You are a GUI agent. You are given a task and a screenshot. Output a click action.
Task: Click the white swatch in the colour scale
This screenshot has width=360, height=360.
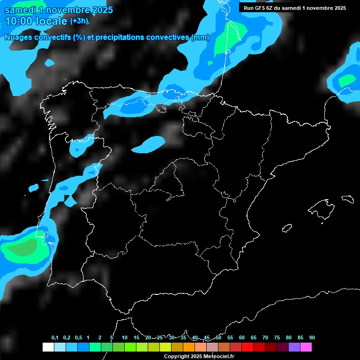48,347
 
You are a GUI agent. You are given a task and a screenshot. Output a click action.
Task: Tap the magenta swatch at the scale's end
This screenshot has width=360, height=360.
306,347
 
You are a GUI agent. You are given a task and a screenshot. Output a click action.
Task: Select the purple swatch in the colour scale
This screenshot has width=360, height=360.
294,347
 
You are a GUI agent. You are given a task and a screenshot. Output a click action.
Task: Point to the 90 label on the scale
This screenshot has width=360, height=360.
312,337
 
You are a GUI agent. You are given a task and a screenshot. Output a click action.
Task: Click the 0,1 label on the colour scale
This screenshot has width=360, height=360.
55,337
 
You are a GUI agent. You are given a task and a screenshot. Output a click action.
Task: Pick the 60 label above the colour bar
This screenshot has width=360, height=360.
242,337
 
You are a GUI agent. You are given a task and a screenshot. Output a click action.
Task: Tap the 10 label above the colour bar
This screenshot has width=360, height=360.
125,337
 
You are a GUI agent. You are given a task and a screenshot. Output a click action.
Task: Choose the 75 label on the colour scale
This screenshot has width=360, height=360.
277,337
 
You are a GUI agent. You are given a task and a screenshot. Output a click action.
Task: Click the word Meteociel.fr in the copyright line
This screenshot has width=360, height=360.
217,356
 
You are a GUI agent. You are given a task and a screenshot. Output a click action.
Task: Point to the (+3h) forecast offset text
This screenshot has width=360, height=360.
79,21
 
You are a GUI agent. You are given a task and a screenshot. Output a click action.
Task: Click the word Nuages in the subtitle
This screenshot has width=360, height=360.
19,37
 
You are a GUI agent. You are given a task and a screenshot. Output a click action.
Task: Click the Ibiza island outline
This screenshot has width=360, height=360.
287,228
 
